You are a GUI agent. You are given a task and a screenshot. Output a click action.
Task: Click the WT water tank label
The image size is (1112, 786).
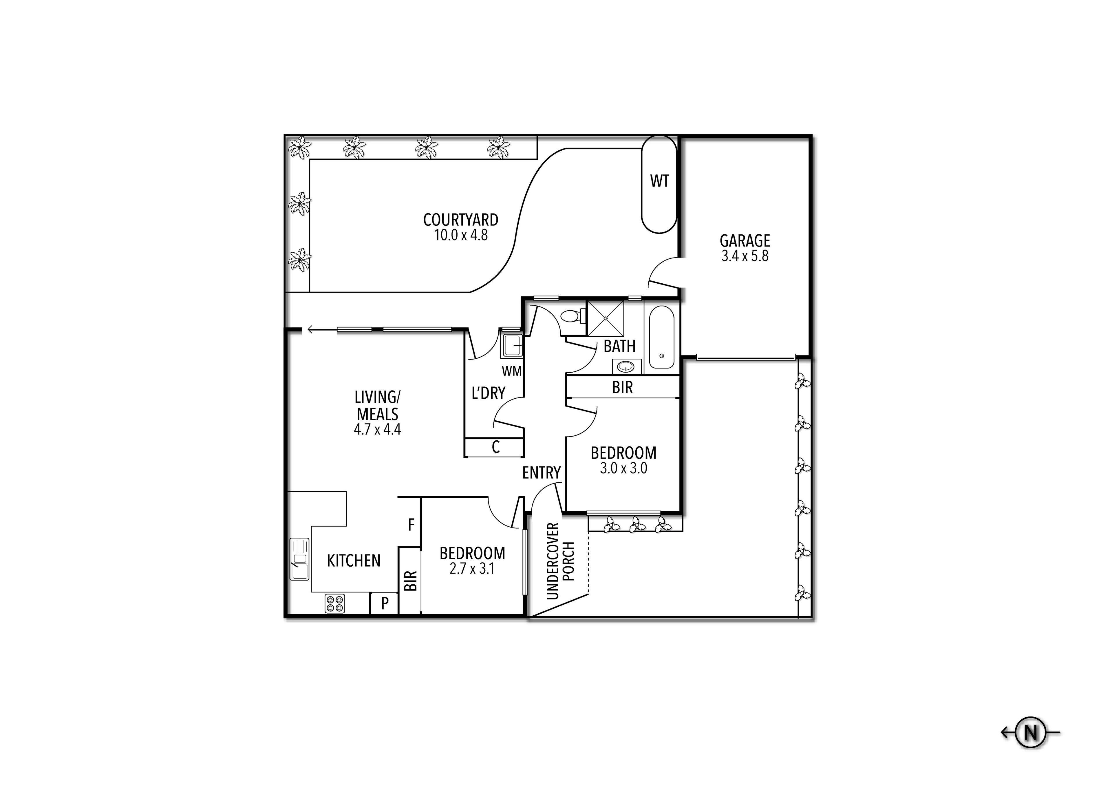tap(659, 181)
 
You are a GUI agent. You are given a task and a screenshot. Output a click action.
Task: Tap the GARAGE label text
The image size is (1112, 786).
tap(745, 241)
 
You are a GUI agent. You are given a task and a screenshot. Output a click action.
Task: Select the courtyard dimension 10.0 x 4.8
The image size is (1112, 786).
tap(461, 236)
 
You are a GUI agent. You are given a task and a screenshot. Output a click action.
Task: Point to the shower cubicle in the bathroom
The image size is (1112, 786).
tap(606, 318)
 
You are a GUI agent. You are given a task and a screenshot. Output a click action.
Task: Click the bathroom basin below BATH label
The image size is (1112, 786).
tap(627, 366)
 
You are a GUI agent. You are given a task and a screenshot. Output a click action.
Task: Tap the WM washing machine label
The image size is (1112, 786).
tap(511, 371)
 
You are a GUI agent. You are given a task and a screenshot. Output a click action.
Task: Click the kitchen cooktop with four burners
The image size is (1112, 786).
tap(335, 603)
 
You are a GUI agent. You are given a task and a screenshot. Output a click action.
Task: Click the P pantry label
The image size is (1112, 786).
tap(385, 603)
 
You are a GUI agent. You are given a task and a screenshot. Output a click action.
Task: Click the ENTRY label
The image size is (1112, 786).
tap(541, 473)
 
